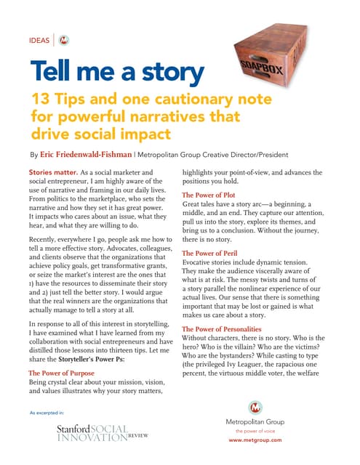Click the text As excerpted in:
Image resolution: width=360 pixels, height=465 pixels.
pos(47,413)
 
